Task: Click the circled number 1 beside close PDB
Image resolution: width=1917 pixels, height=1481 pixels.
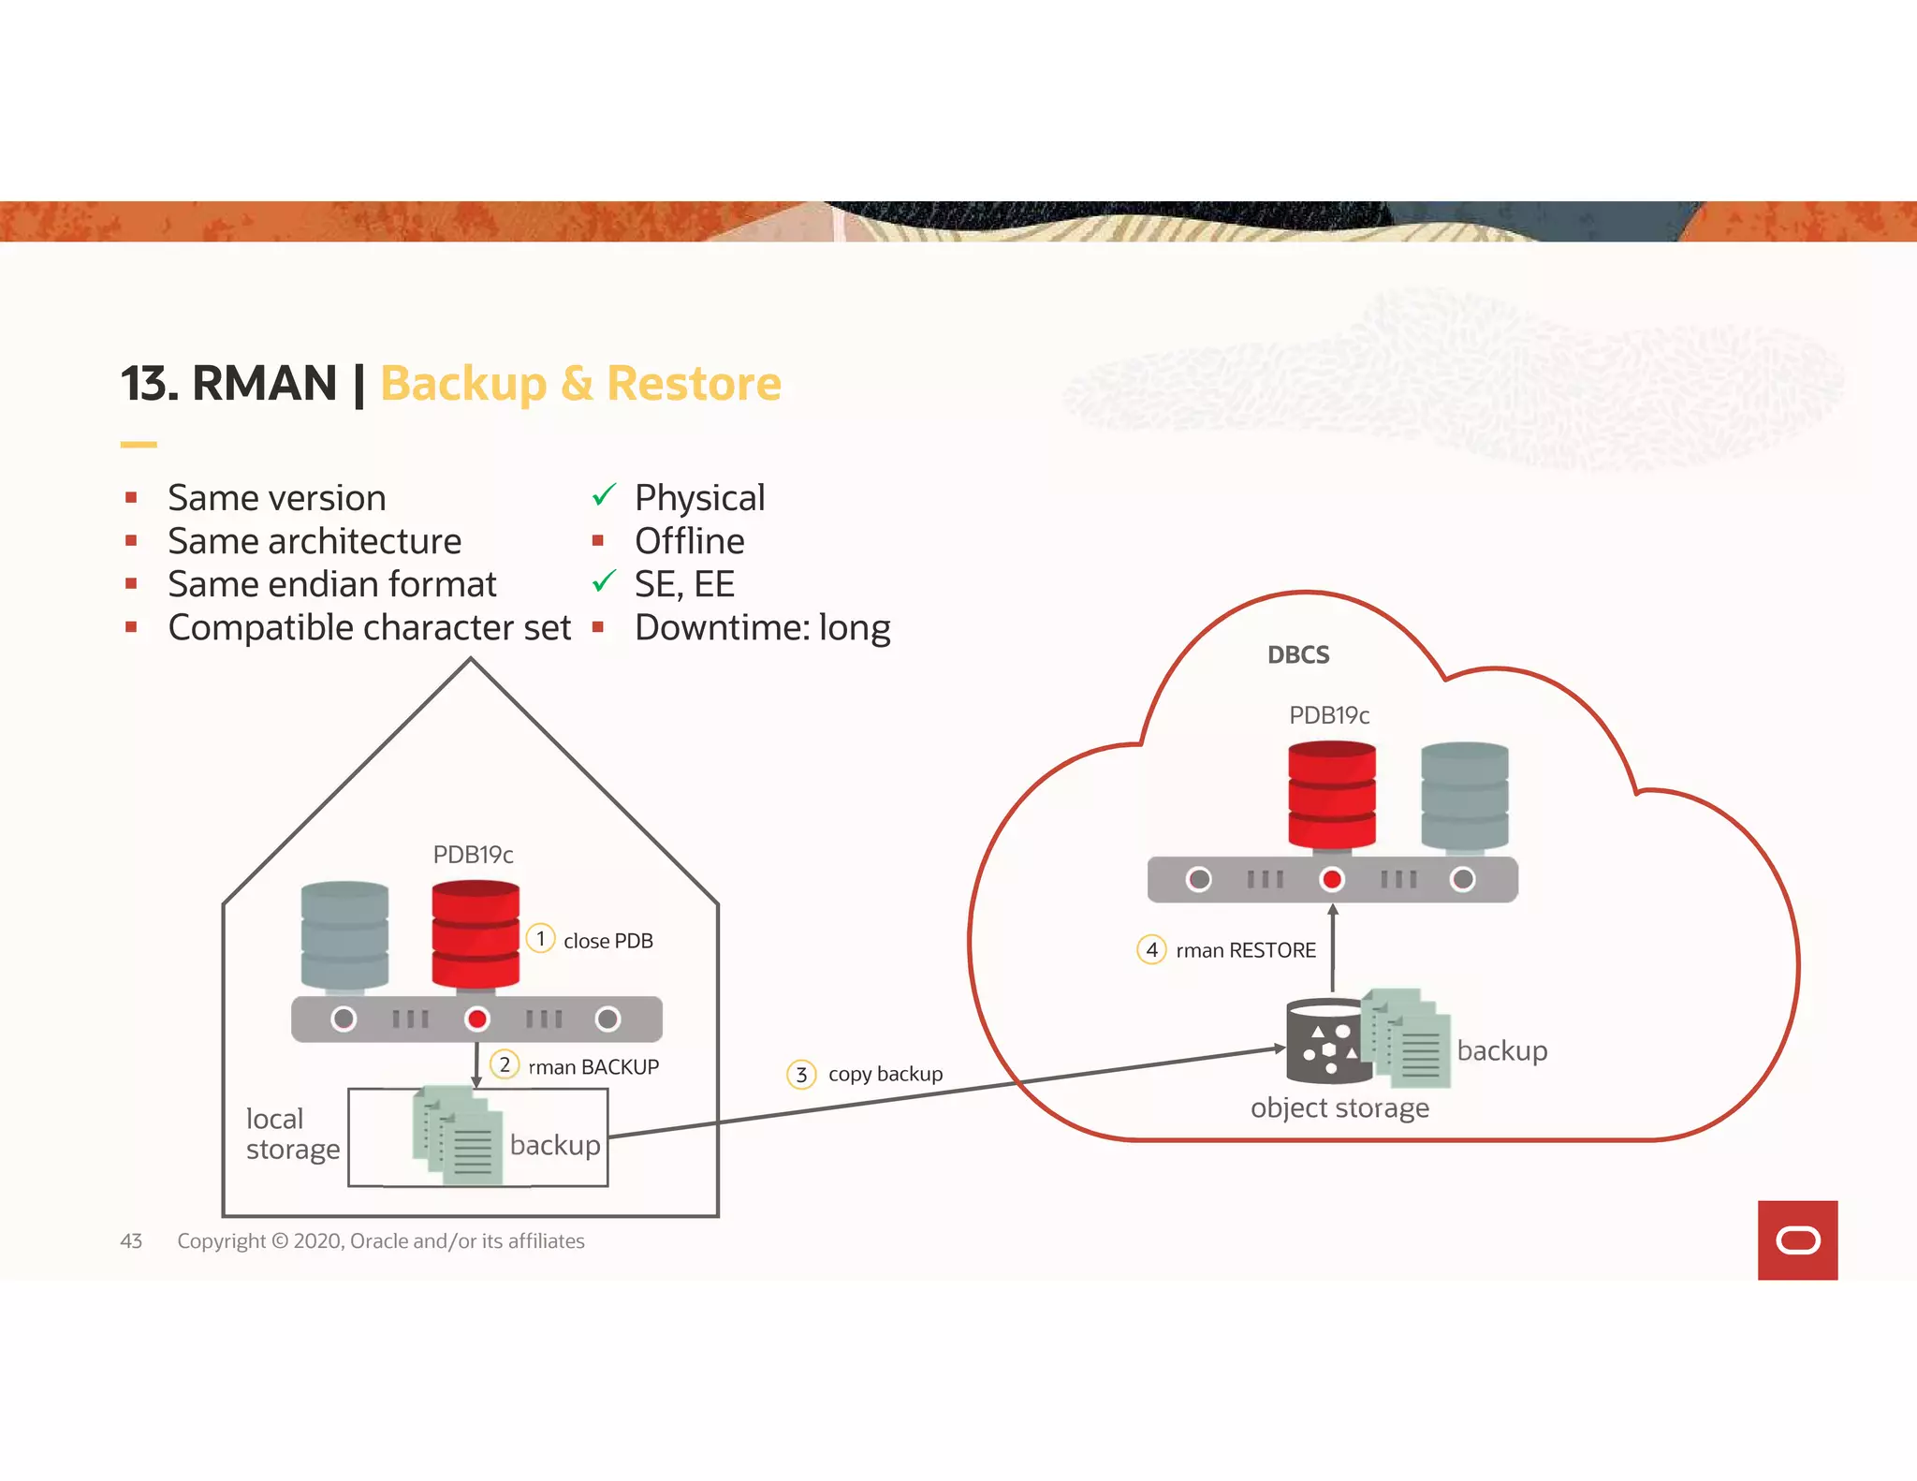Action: [x=540, y=938]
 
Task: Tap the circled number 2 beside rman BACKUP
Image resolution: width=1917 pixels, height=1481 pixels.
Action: [x=505, y=1064]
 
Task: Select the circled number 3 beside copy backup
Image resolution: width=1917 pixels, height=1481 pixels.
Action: [x=801, y=1074]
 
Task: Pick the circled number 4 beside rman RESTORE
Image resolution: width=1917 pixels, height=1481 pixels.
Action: [x=1151, y=949]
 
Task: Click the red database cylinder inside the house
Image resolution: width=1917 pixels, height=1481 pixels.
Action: [x=476, y=933]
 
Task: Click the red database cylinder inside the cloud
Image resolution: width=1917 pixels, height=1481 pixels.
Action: [x=1331, y=794]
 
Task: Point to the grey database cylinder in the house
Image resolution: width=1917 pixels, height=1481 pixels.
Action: [x=344, y=934]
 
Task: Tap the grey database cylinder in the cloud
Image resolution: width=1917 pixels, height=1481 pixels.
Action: [x=1464, y=796]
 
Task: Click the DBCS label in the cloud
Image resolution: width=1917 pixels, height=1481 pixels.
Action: [x=1298, y=654]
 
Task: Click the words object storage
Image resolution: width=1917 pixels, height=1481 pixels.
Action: [x=1339, y=1107]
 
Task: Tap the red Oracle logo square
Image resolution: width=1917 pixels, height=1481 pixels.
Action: [x=1797, y=1239]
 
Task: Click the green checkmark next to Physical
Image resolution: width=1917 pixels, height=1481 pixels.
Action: [x=604, y=494]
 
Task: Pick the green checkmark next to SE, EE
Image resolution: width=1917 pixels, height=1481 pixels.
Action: [x=604, y=581]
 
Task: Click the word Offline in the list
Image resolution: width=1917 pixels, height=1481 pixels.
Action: [x=689, y=541]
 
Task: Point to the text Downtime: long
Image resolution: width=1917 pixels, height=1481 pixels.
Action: [x=762, y=627]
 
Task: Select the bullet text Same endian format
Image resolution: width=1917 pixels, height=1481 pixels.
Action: [x=332, y=584]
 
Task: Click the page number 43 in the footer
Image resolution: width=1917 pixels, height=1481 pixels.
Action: [x=131, y=1240]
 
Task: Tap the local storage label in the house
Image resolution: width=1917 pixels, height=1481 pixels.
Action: [x=292, y=1134]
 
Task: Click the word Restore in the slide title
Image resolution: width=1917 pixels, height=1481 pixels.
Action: [x=694, y=384]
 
